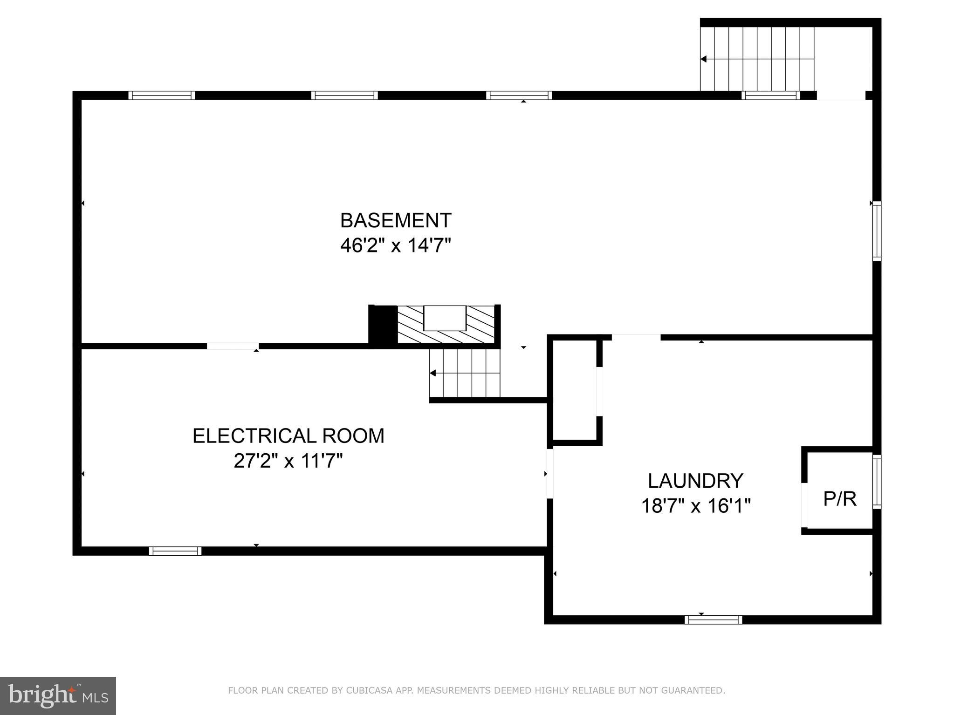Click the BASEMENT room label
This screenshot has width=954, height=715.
point(396,220)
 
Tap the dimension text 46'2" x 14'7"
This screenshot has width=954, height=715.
point(396,245)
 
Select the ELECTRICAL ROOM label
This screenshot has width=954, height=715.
point(288,436)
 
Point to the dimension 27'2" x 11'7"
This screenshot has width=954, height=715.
point(288,461)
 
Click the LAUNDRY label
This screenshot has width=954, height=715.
point(695,481)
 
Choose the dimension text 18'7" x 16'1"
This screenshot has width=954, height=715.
point(695,506)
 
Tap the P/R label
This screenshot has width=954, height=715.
point(840,498)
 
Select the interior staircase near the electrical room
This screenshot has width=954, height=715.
point(464,373)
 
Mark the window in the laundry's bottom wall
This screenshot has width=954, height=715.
point(713,620)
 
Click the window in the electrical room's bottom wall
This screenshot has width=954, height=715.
point(175,551)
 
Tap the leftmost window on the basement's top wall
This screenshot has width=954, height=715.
point(161,95)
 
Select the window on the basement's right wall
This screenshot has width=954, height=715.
point(877,231)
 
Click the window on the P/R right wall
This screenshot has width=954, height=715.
point(877,482)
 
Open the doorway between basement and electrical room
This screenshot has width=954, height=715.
point(233,346)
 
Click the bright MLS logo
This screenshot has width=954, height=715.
point(58,695)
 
